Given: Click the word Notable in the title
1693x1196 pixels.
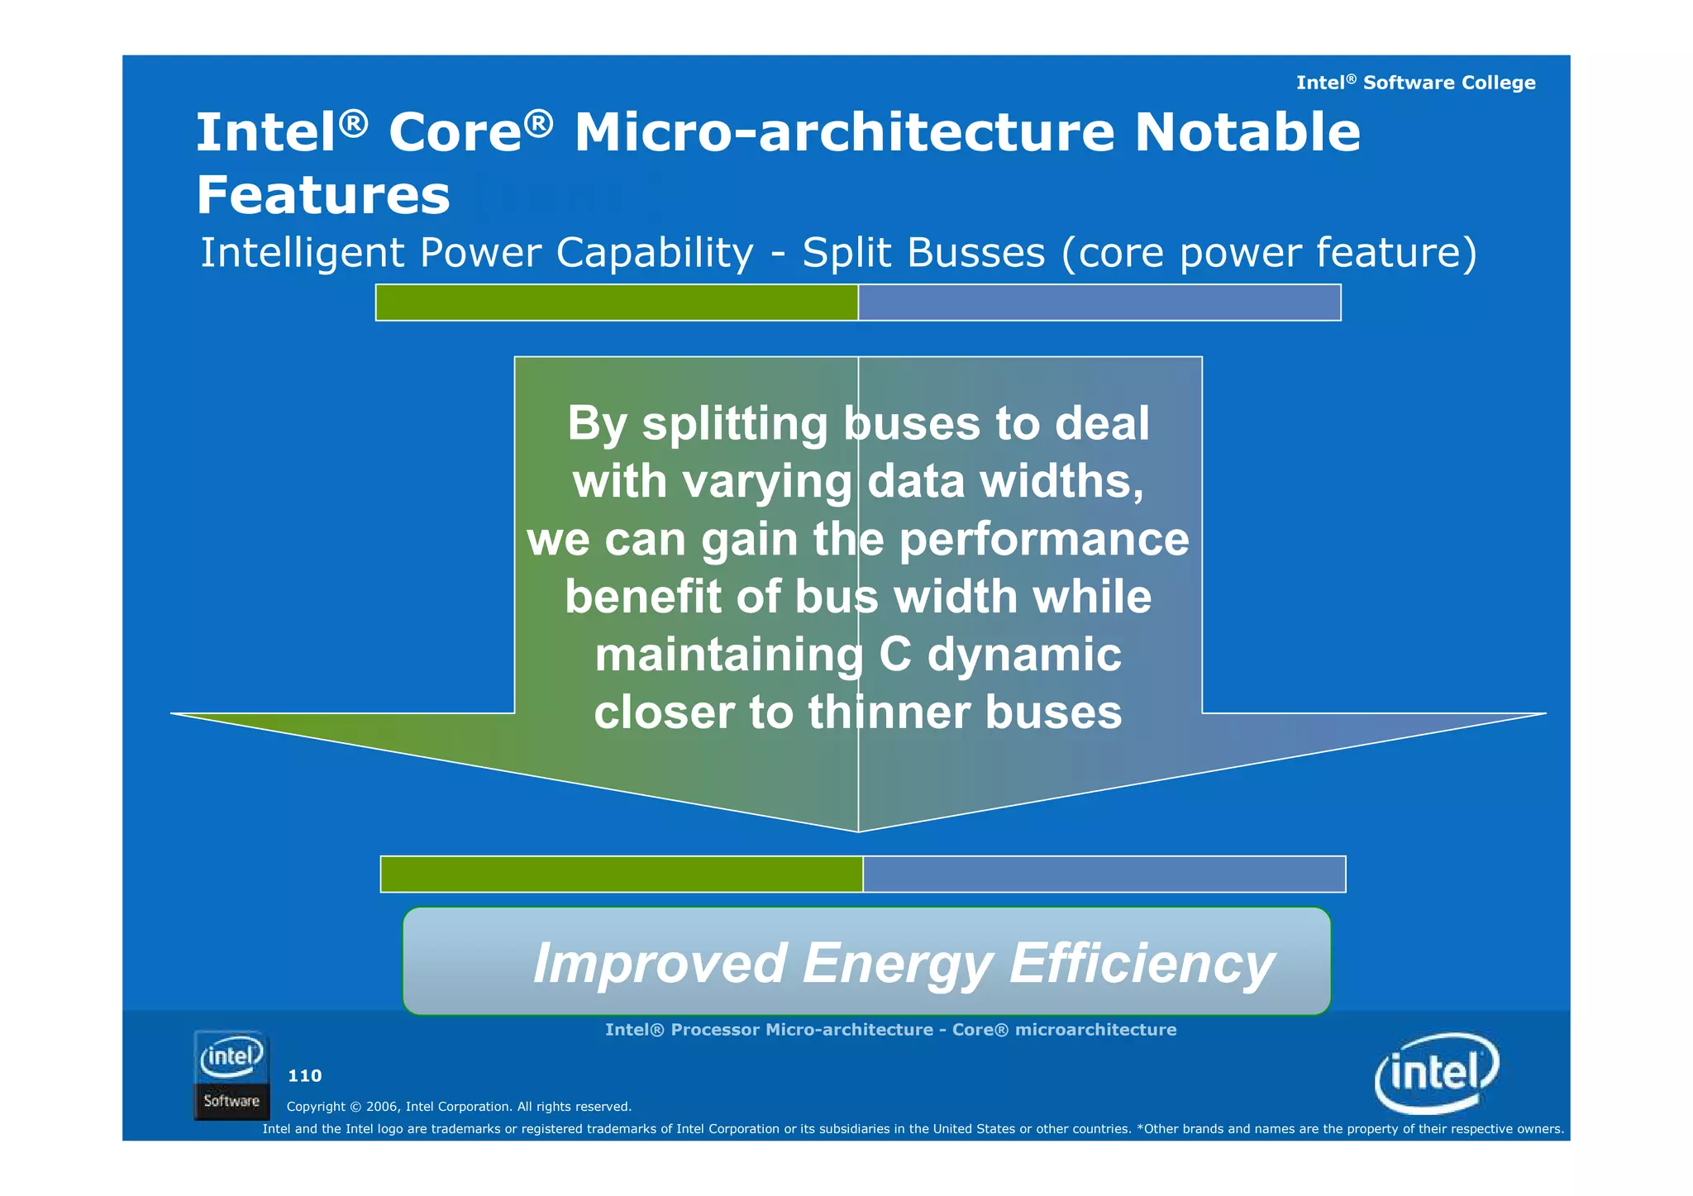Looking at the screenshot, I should click(1247, 132).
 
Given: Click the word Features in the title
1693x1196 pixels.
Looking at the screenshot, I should click(322, 196).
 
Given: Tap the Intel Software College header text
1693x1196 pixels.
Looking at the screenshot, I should click(1415, 83).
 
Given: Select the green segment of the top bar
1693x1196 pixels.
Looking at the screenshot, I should click(617, 303).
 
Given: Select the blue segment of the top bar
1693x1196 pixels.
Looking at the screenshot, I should click(1099, 303).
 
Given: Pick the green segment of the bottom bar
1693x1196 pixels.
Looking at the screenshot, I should click(622, 874).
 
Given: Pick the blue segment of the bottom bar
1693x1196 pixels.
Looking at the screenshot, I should click(1104, 874).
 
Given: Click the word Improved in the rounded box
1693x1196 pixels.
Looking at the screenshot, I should click(659, 964).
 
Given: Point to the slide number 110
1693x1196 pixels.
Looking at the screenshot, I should click(304, 1076).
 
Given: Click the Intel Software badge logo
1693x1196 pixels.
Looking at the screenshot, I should click(231, 1075).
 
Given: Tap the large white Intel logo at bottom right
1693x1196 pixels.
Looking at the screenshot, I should click(1437, 1074).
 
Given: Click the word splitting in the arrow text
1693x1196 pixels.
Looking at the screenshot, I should click(735, 424).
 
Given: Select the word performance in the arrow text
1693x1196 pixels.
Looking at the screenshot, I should click(1044, 540).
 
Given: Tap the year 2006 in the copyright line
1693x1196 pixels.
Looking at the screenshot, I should click(381, 1107).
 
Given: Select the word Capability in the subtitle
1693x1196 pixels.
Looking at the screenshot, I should click(654, 253).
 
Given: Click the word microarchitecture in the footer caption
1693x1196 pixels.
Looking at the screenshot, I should click(1095, 1030).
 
